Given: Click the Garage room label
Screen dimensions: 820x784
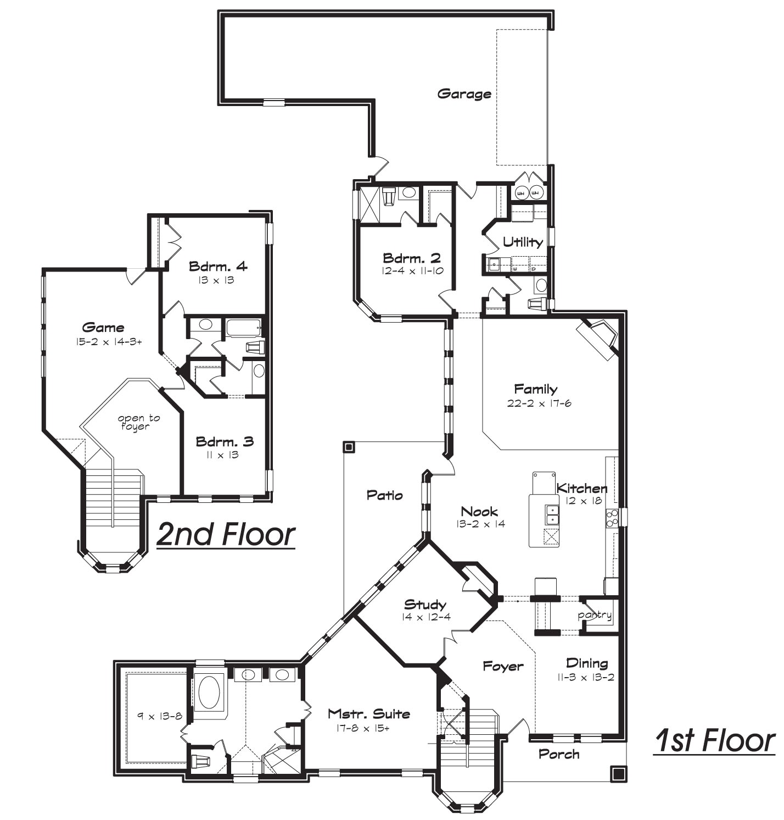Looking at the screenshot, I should tap(464, 94).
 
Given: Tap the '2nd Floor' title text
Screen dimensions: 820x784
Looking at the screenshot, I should tap(226, 534).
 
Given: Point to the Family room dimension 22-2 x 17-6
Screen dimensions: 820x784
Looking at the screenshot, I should tap(535, 403).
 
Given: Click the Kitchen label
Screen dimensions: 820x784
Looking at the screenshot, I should tap(581, 488).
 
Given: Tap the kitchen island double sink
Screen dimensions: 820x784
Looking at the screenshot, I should tap(552, 516).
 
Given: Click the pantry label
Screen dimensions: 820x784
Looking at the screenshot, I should tap(595, 615).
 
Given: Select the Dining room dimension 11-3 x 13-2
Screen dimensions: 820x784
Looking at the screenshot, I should tap(586, 677).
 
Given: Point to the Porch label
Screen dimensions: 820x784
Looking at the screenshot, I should tap(559, 754).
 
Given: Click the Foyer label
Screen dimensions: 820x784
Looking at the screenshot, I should tap(503, 667).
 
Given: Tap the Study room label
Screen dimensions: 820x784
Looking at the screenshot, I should tap(425, 605).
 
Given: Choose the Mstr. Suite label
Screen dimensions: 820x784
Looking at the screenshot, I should tap(368, 714).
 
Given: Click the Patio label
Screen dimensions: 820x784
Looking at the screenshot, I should tap(384, 495).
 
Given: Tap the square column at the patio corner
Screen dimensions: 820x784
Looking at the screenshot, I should tap(349, 447).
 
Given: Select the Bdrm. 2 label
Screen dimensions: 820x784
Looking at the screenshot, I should tap(412, 258).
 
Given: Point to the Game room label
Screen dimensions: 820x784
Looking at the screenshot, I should tap(103, 328).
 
